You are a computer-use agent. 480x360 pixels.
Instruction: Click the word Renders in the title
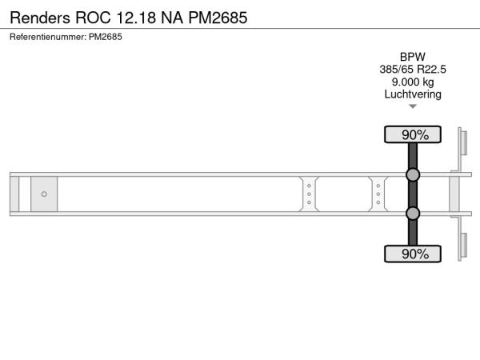coord(40,18)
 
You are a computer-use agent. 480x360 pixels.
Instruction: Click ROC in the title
coord(93,18)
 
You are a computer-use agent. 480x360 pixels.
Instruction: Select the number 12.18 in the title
coord(136,18)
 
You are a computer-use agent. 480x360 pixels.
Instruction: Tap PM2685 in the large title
coord(218,18)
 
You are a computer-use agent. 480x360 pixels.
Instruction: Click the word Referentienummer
coord(48,37)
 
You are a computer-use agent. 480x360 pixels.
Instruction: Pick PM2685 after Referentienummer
coord(106,37)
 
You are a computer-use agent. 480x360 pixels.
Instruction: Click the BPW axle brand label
coord(413,57)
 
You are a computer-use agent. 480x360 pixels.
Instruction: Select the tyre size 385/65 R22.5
coord(413,70)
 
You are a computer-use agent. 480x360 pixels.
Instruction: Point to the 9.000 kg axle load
coord(413,82)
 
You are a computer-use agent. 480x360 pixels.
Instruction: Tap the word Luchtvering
coord(413,94)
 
